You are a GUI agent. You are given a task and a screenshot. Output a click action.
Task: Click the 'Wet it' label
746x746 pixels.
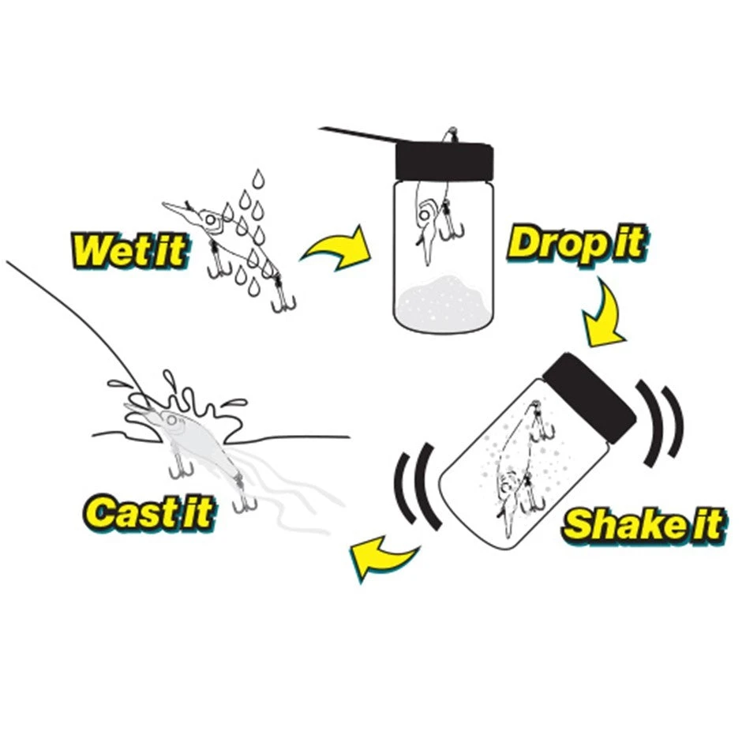coord(129,250)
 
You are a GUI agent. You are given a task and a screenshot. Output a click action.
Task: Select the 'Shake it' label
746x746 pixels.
coord(644,525)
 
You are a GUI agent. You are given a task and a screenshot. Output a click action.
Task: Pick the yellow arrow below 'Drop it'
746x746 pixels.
coord(602,314)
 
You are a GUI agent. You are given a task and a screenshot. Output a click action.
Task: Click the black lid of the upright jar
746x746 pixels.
coord(444,159)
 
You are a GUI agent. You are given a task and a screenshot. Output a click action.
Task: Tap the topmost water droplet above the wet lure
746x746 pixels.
coord(258,178)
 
